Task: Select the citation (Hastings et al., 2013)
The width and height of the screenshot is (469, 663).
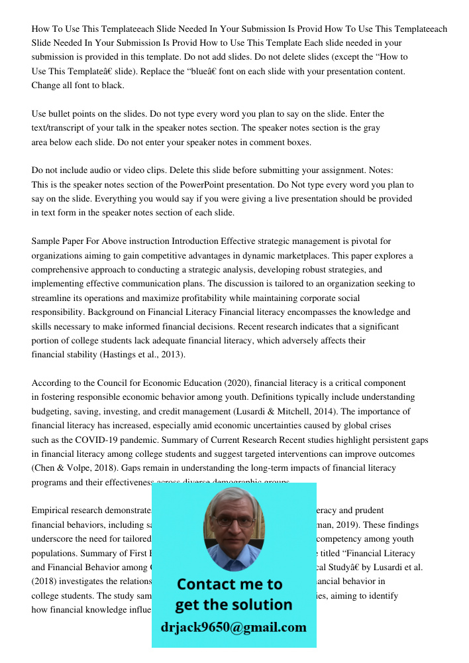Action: pos(141,355)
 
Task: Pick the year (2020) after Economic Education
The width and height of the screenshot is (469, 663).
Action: pos(231,383)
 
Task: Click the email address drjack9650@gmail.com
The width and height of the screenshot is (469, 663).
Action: pos(233,627)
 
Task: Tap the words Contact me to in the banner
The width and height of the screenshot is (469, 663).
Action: pos(229,584)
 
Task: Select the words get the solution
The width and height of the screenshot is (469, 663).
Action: pos(233,605)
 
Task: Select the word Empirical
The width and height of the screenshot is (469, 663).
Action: pos(51,511)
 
